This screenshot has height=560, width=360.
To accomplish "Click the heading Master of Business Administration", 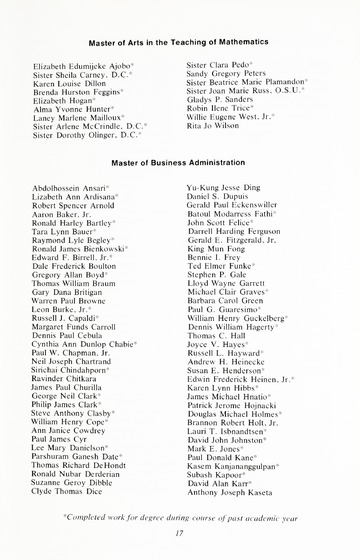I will [x=180, y=161].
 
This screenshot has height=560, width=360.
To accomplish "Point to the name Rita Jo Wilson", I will [x=217, y=125].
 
